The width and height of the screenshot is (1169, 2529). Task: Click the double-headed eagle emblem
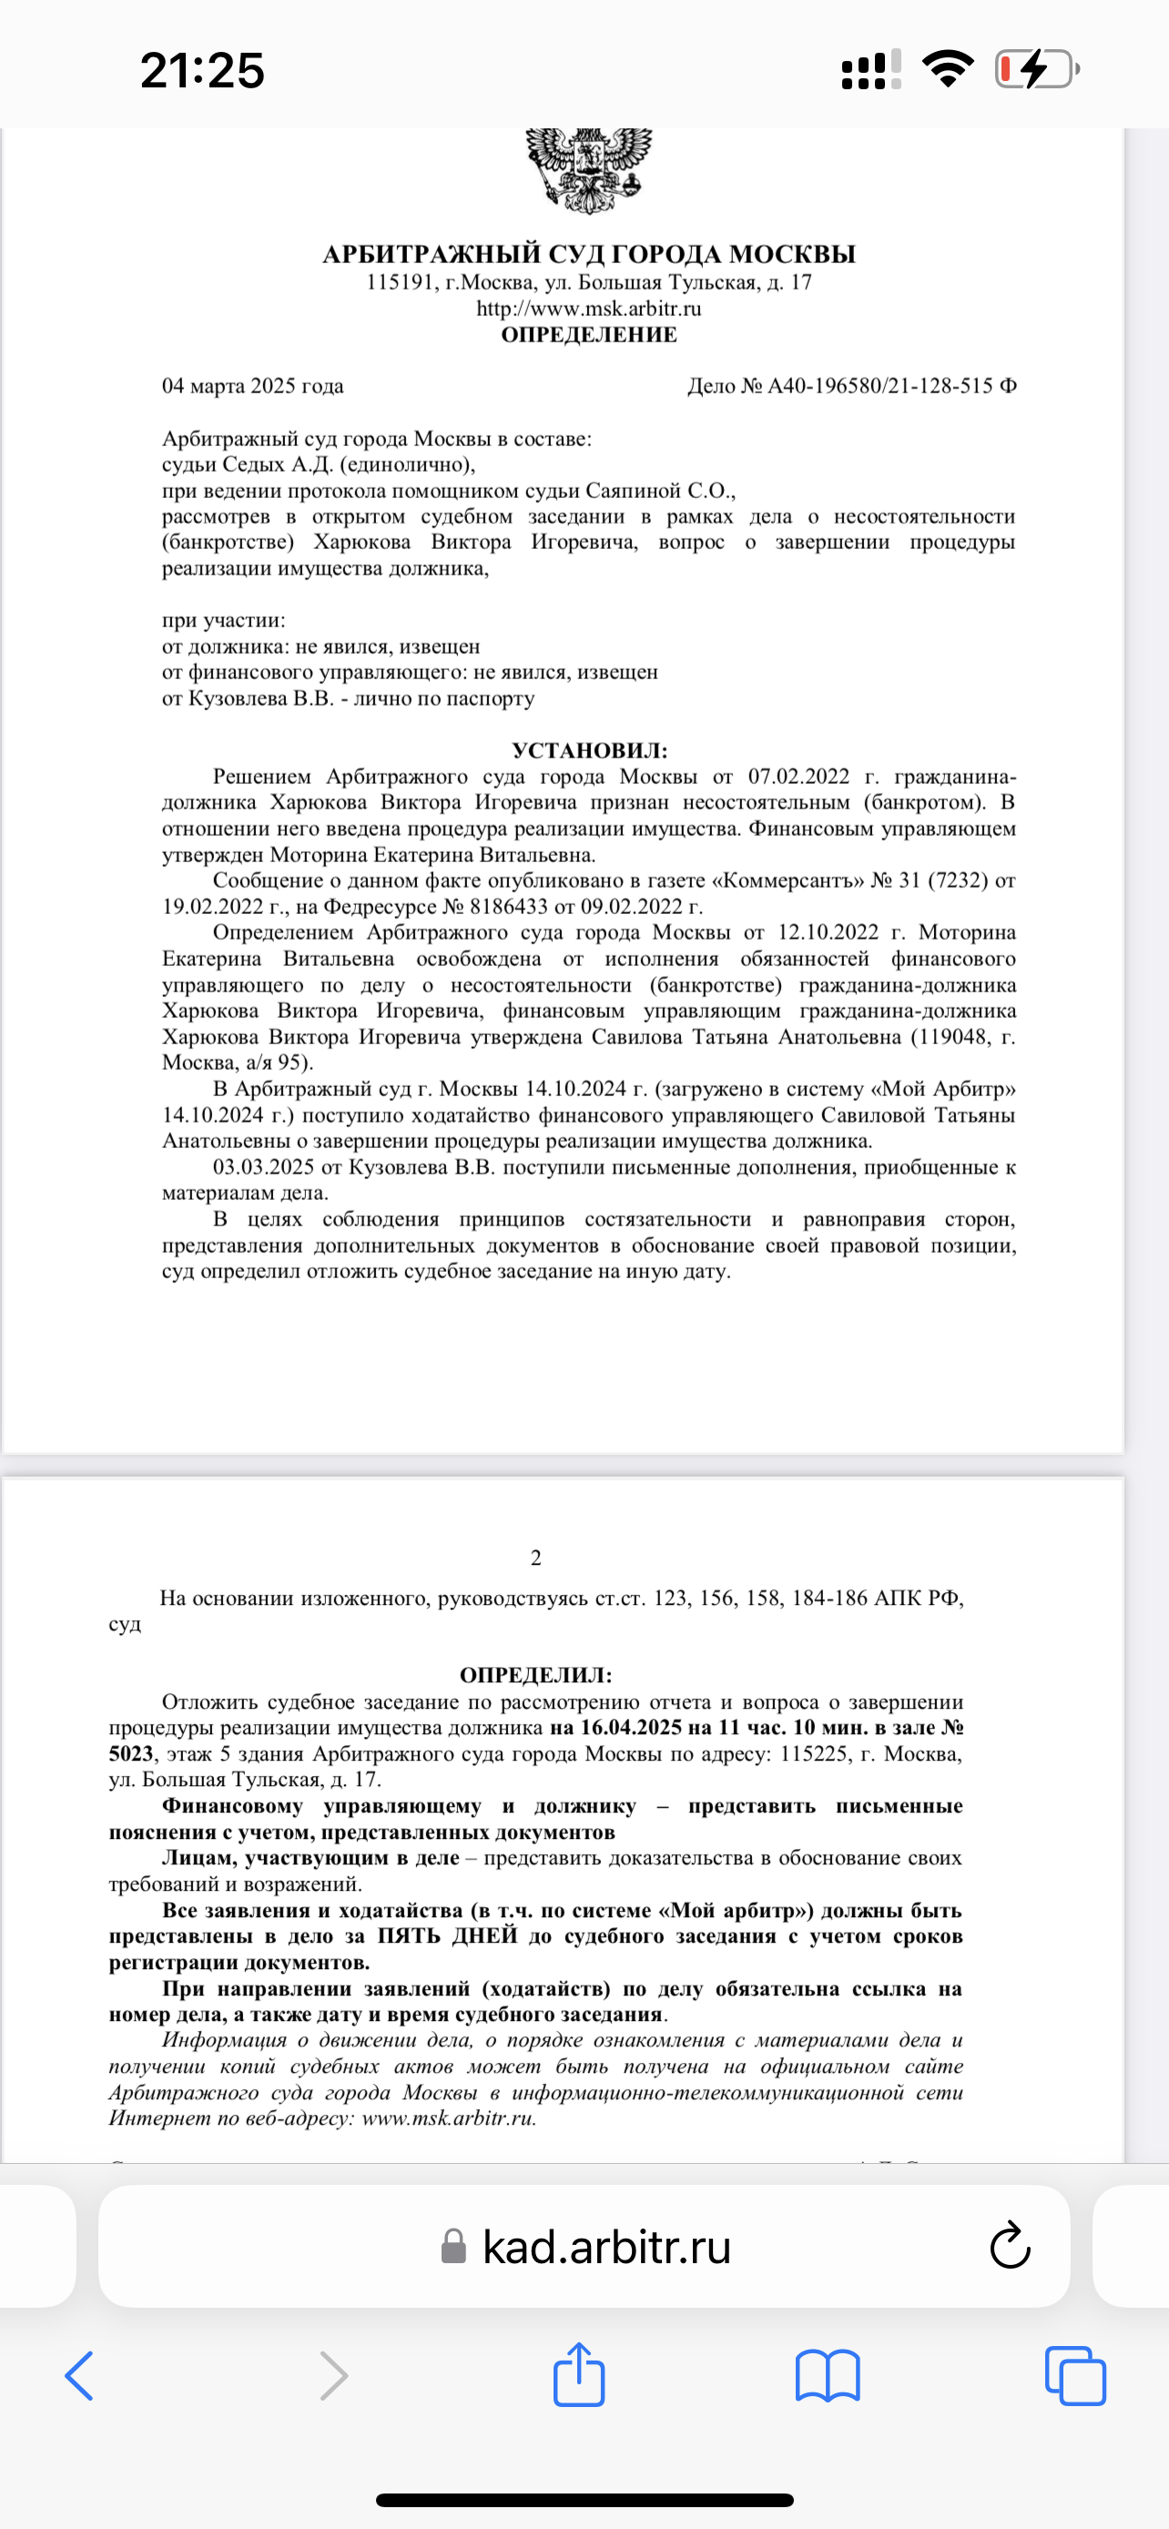(589, 168)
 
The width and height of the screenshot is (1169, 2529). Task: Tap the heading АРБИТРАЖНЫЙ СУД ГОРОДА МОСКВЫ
(589, 254)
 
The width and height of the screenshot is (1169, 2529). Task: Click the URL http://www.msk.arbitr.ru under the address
(589, 309)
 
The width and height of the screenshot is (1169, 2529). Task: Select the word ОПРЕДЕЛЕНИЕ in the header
(589, 335)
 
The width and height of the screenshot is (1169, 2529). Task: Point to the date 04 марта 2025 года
(252, 386)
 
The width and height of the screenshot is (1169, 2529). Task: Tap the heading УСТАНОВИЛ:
(589, 751)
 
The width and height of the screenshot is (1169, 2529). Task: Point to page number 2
(536, 1558)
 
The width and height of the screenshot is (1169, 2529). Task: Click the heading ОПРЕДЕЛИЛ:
(536, 1676)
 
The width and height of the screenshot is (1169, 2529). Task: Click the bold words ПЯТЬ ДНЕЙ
(448, 1936)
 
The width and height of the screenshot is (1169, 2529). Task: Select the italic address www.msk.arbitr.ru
(449, 2118)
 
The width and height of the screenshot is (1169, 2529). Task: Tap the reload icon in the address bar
(1009, 2245)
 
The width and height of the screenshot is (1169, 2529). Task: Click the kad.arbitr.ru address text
(606, 2246)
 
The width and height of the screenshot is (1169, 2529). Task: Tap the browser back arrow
(79, 2377)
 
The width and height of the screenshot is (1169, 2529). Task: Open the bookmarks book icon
(828, 2377)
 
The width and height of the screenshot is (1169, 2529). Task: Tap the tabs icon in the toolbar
(1076, 2377)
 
